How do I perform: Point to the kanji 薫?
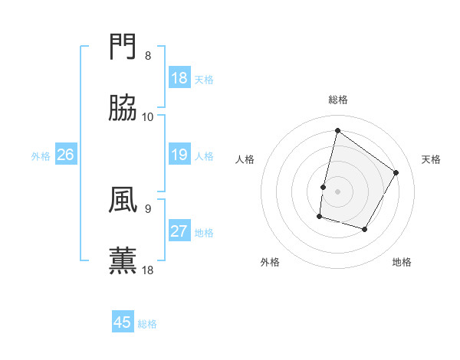pyautogui.click(x=123, y=260)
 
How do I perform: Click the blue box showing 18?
pyautogui.click(x=179, y=78)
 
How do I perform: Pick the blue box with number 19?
pyautogui.click(x=179, y=155)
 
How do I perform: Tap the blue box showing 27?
pyautogui.click(x=179, y=231)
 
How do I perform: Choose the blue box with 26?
pyautogui.click(x=65, y=155)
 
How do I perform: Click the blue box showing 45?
pyautogui.click(x=123, y=322)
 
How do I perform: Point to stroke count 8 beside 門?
pyautogui.click(x=148, y=55)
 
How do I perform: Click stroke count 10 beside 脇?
pyautogui.click(x=148, y=116)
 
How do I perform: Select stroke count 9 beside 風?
pyautogui.click(x=148, y=208)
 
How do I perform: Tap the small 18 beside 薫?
pyautogui.click(x=148, y=270)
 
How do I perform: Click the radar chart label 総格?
pyautogui.click(x=337, y=100)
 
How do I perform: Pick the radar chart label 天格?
pyautogui.click(x=432, y=159)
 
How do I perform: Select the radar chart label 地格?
pyautogui.click(x=402, y=262)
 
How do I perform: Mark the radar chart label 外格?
pyautogui.click(x=270, y=262)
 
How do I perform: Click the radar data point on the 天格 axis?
pyautogui.click(x=396, y=172)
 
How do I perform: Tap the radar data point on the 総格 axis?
pyautogui.click(x=337, y=131)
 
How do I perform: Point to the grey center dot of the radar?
pyautogui.click(x=337, y=191)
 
